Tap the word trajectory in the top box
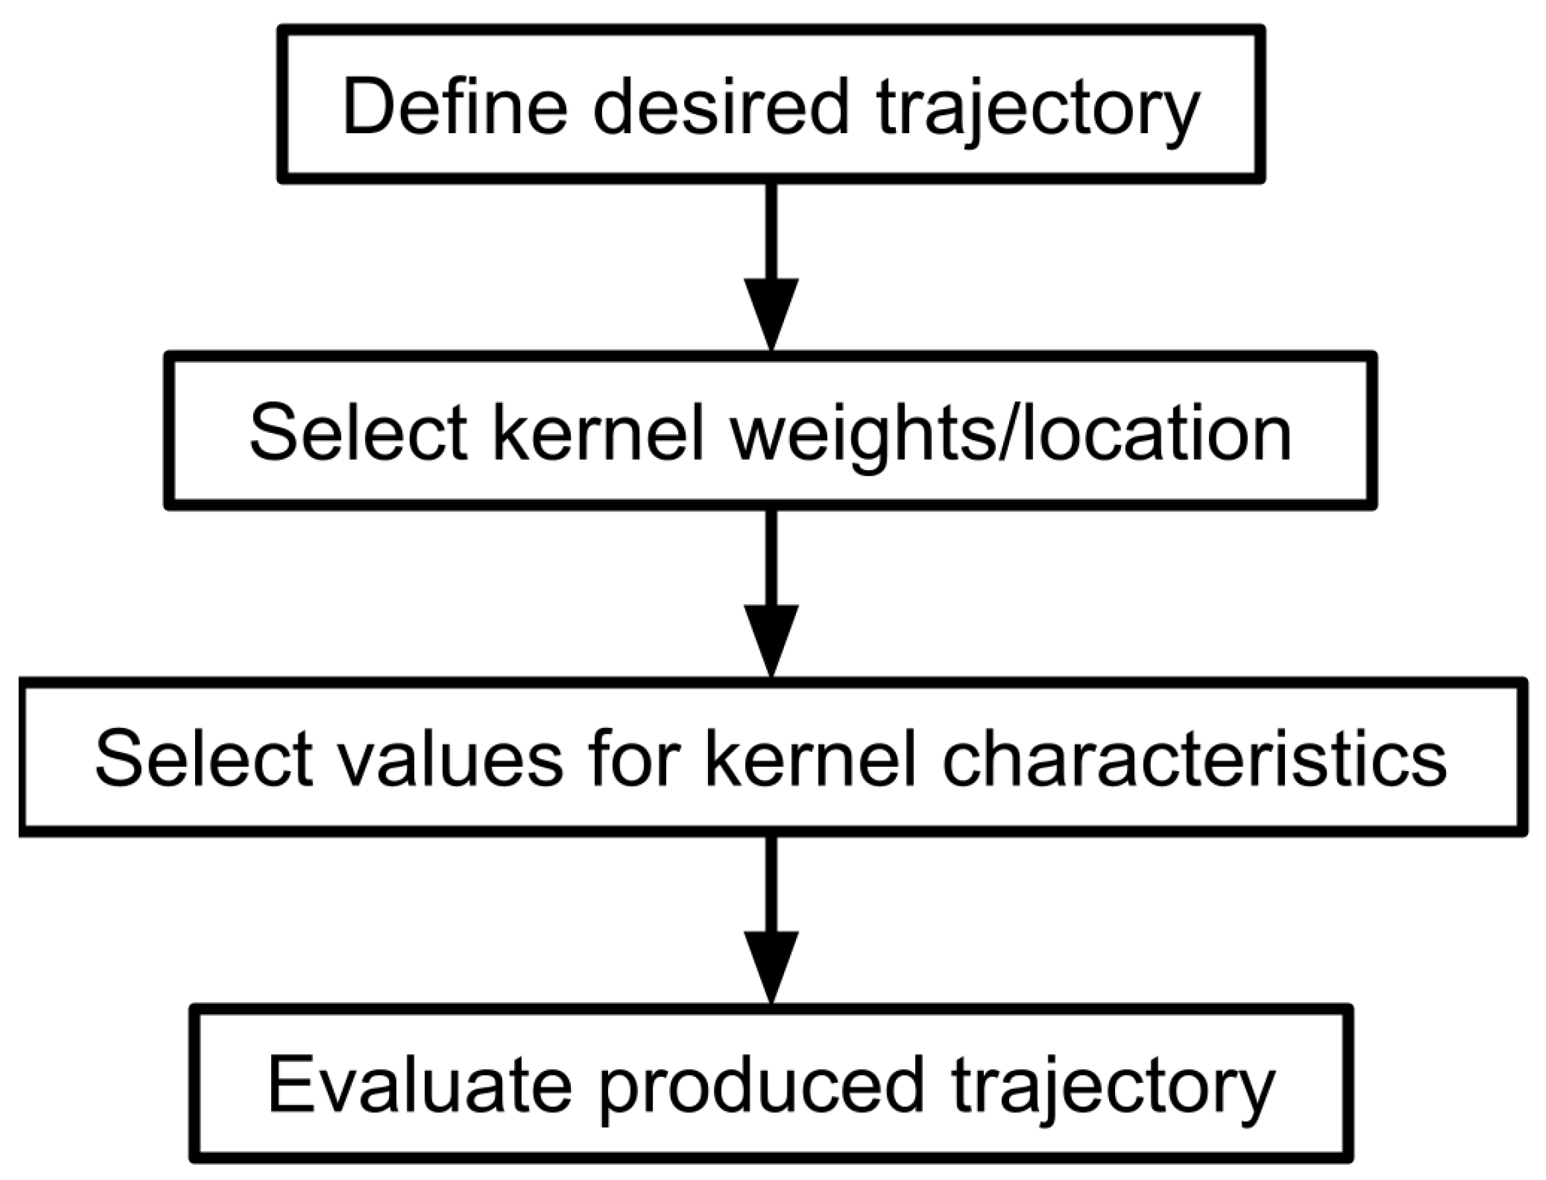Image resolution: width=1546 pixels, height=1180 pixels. [1038, 113]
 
